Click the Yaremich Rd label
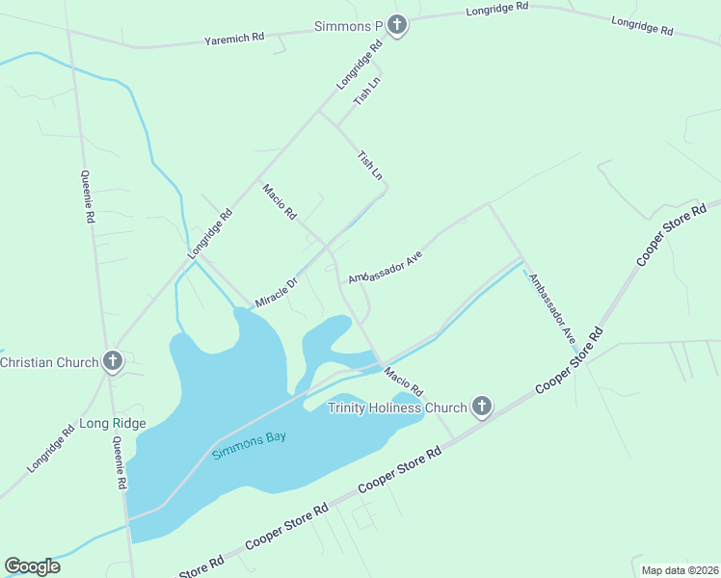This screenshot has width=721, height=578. [233, 39]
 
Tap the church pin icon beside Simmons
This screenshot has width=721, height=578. [398, 25]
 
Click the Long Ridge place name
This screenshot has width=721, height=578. [113, 423]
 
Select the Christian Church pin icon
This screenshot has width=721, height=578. [113, 361]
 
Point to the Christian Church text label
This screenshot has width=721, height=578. [49, 362]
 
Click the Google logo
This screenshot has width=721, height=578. [33, 566]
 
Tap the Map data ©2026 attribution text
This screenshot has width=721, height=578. [680, 570]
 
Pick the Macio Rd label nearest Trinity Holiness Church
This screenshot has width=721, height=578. [403, 381]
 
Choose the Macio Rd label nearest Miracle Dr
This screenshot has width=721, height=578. [280, 201]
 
